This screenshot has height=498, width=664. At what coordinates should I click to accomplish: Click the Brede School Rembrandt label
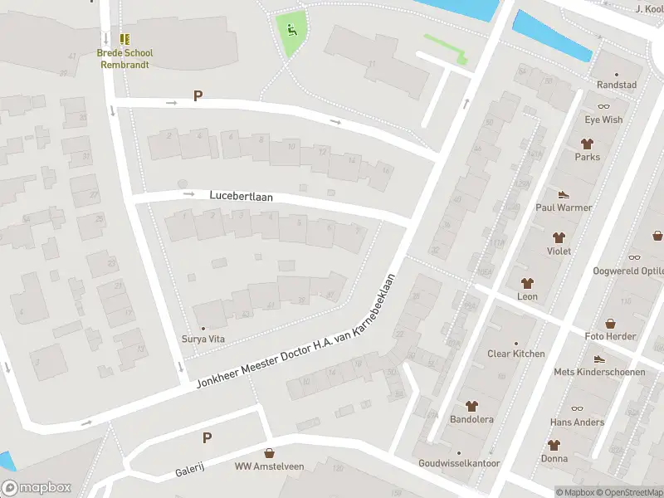point(125,58)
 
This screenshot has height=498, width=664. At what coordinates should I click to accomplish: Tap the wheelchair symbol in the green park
point(290,31)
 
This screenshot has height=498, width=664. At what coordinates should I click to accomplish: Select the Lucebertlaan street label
point(241,196)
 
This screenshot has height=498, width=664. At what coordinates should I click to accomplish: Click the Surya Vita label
point(203,339)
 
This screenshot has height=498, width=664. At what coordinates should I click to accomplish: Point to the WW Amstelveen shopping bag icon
point(269,453)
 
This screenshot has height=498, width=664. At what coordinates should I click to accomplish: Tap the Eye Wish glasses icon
point(603,105)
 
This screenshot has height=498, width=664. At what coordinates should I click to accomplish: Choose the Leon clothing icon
point(527,282)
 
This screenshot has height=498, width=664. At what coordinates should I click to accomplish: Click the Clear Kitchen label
point(516,354)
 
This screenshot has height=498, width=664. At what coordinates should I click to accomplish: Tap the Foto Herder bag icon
point(610,323)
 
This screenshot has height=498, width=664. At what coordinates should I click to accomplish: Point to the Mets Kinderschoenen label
point(599,372)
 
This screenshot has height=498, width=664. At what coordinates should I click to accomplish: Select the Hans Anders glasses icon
point(577,408)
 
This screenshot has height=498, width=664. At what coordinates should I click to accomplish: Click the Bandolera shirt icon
point(472,406)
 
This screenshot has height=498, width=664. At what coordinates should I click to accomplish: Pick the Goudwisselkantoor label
point(459,463)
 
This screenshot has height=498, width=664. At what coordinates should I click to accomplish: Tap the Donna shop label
point(554,458)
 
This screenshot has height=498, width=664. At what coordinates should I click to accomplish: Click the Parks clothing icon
point(587,143)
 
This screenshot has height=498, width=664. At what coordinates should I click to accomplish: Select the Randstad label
point(617,85)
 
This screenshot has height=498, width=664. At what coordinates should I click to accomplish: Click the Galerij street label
point(189,471)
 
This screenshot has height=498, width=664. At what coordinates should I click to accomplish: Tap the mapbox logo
point(37,488)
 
